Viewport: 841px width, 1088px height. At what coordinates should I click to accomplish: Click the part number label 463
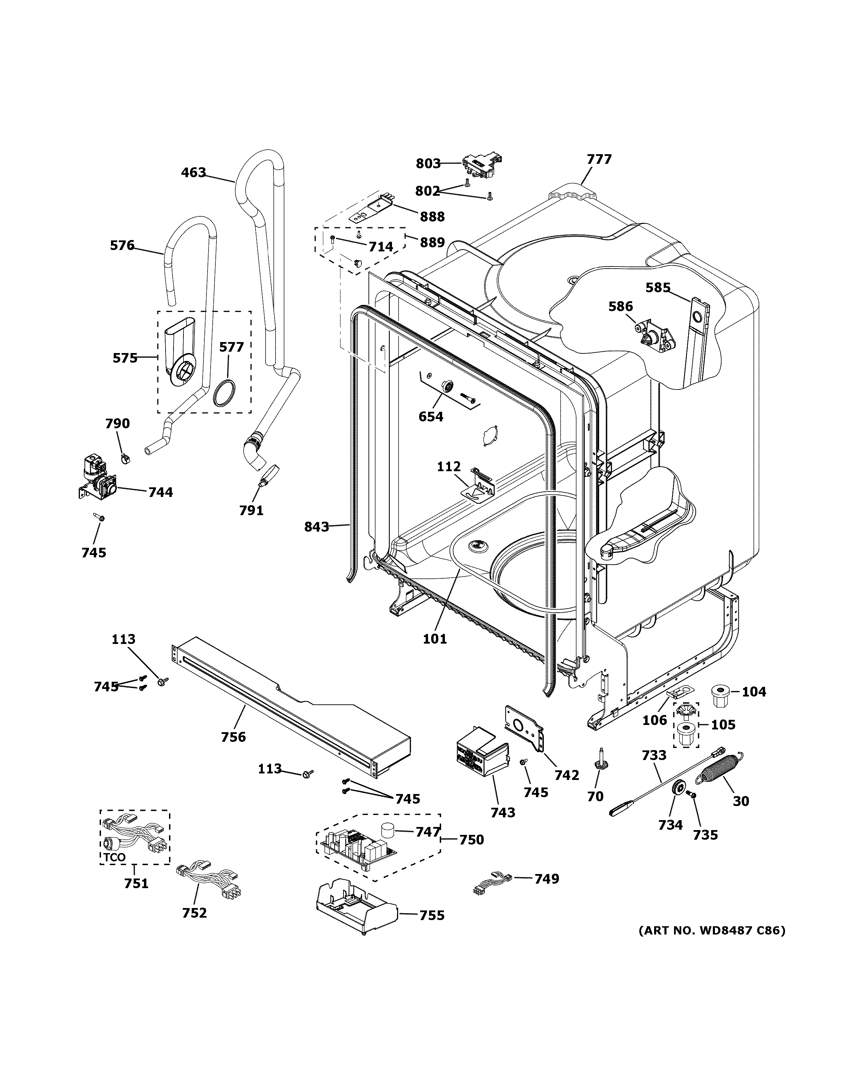click(x=193, y=173)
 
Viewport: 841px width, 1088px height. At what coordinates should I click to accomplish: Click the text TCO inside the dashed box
click(x=115, y=857)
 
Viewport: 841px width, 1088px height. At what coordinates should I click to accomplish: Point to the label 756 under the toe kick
click(x=234, y=736)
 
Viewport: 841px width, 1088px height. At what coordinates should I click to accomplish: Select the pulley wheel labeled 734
click(x=676, y=790)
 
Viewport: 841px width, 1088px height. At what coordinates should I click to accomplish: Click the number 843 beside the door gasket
click(x=317, y=526)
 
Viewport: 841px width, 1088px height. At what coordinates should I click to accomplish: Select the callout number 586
click(x=620, y=306)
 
